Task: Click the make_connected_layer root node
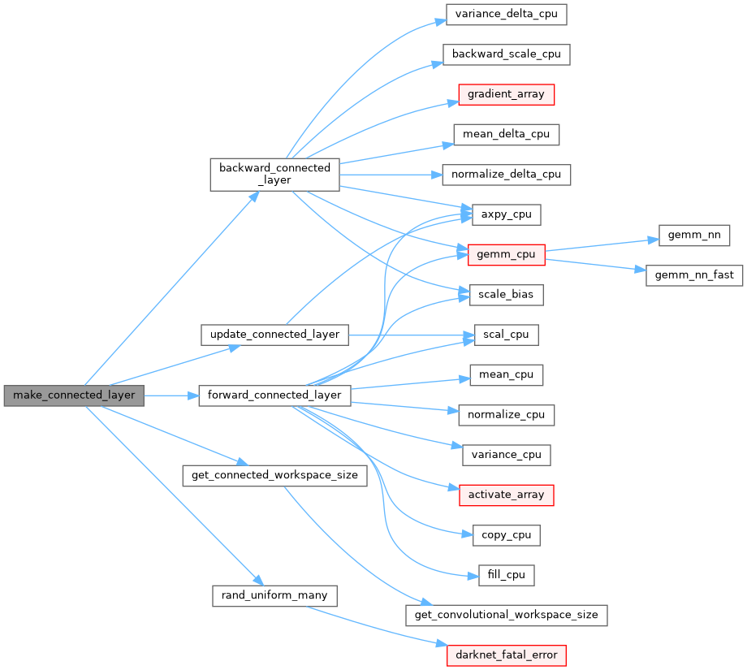coord(74,396)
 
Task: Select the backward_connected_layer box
coord(274,175)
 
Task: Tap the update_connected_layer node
coord(274,334)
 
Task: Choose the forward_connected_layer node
coord(274,396)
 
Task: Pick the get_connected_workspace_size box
coord(274,474)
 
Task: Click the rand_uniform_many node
coord(274,595)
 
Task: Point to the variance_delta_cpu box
coord(506,14)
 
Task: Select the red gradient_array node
coord(506,94)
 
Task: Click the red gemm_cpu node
coord(506,254)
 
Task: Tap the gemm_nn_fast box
coord(694,274)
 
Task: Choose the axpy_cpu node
coord(506,214)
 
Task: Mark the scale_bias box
coord(506,294)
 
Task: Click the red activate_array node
coord(506,494)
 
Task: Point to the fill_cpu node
coord(506,574)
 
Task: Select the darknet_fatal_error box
coord(506,655)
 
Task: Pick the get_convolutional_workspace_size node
coord(506,615)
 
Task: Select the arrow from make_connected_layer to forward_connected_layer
coord(171,396)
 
